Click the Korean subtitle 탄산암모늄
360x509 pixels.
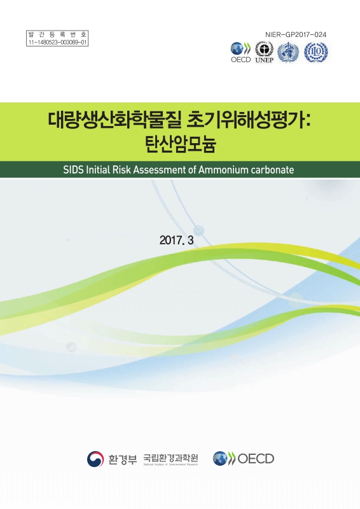point(179,144)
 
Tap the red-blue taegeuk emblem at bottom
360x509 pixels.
point(96,458)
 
